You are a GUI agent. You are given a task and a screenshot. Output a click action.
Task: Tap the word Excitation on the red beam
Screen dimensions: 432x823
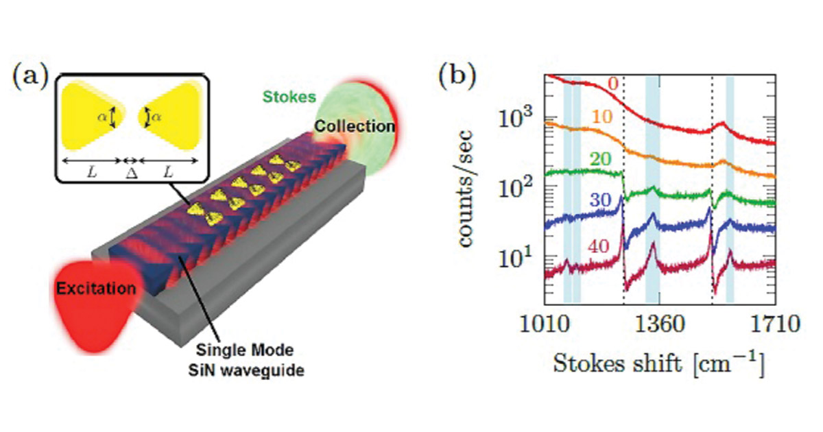(x=95, y=288)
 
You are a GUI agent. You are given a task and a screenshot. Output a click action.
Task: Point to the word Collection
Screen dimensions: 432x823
(x=355, y=126)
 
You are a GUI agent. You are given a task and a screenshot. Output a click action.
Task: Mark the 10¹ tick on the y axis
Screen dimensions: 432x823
(x=515, y=259)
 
